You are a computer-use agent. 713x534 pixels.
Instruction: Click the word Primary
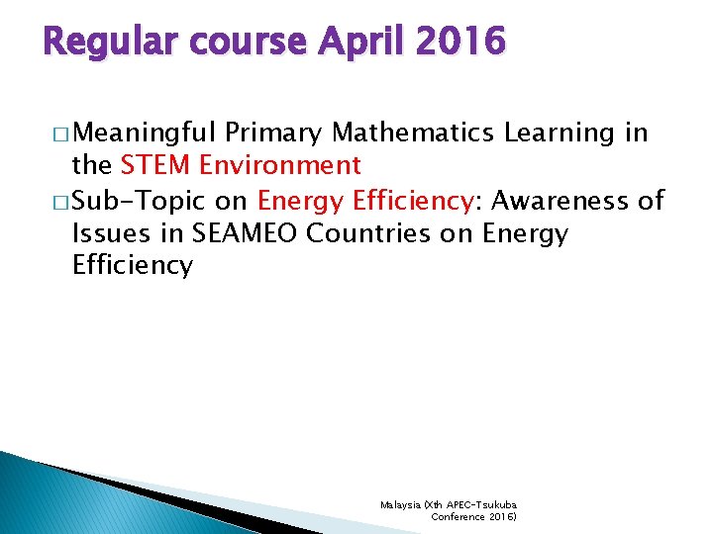pyautogui.click(x=274, y=133)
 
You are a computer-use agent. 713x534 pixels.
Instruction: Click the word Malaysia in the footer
pyautogui.click(x=400, y=504)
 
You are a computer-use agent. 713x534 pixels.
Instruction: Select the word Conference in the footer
pyautogui.click(x=456, y=516)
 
